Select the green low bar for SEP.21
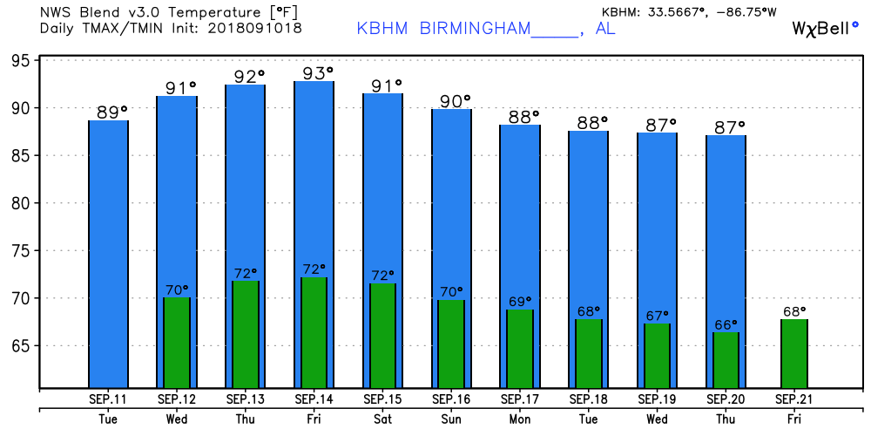pyautogui.click(x=793, y=353)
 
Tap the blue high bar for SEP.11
pyautogui.click(x=109, y=253)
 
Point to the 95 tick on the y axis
pyautogui.click(x=23, y=61)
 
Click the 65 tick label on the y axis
pyautogui.click(x=23, y=346)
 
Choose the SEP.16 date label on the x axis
pyautogui.click(x=452, y=399)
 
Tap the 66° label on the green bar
pyautogui.click(x=726, y=324)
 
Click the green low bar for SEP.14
pyautogui.click(x=314, y=332)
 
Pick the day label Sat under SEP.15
pyautogui.click(x=384, y=419)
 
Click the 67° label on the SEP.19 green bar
pyautogui.click(x=658, y=316)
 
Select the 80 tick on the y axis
pyautogui.click(x=23, y=203)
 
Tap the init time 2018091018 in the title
pyautogui.click(x=254, y=29)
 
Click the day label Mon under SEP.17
pyautogui.click(x=521, y=419)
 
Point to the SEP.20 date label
pyautogui.click(x=726, y=399)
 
